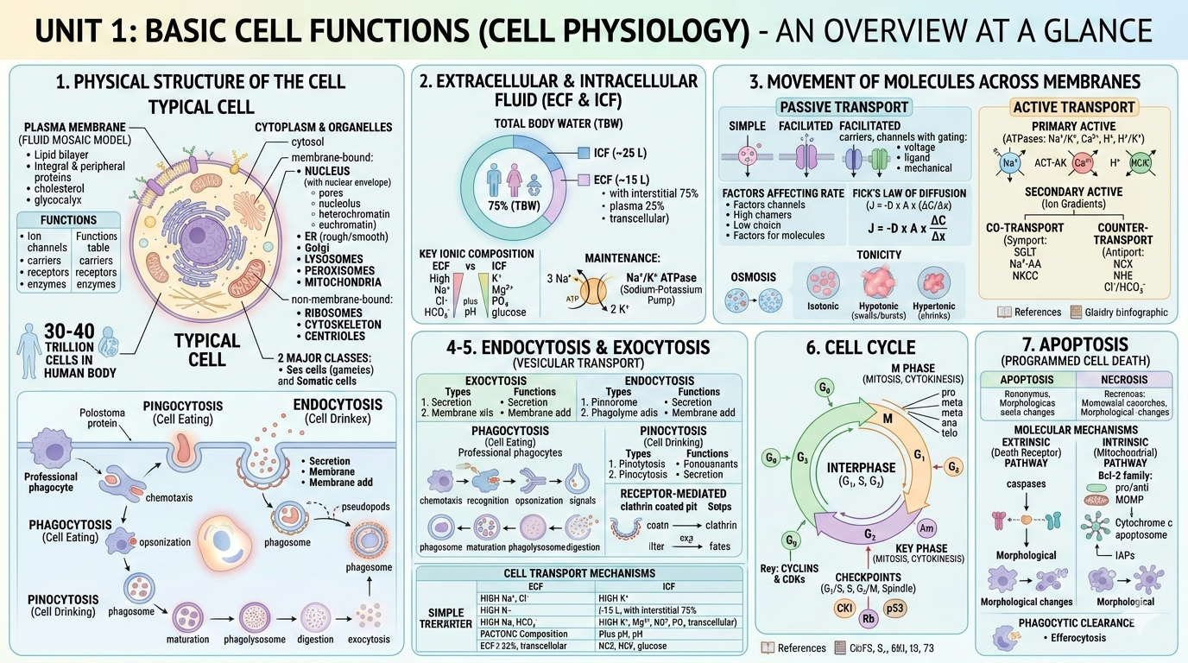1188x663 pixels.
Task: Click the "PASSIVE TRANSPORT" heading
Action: tap(844, 107)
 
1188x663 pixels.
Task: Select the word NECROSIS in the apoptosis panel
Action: tap(1123, 379)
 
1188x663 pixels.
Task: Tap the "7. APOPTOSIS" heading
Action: tap(1076, 344)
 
